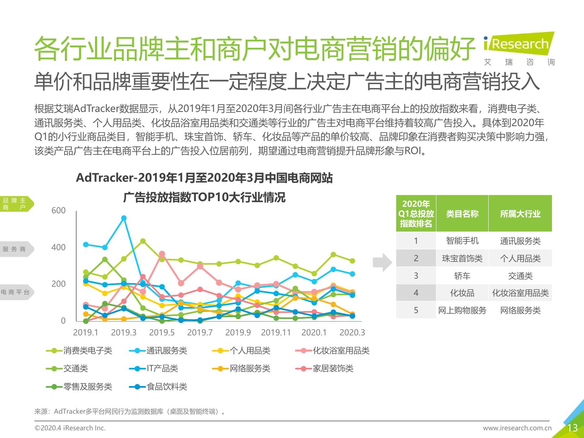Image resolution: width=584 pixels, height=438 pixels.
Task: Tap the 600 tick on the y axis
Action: click(x=58, y=210)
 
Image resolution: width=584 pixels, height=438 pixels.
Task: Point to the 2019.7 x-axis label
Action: click(x=200, y=333)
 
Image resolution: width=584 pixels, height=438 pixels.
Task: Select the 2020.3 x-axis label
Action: click(x=352, y=333)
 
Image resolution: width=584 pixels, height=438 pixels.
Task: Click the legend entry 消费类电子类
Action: click(x=87, y=351)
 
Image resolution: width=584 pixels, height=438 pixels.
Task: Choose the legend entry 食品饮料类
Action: click(x=166, y=386)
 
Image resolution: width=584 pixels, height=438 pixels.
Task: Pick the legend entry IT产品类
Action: click(x=162, y=369)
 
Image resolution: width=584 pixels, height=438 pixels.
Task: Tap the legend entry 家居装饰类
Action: click(x=333, y=369)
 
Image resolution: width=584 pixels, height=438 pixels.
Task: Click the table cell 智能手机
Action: click(x=462, y=240)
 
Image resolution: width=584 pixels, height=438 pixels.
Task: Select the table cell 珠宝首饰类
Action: click(x=462, y=258)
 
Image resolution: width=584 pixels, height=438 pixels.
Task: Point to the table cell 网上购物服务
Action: click(x=462, y=310)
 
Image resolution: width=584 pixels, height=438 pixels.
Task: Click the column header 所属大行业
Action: click(x=520, y=214)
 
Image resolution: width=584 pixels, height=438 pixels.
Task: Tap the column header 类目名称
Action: click(x=462, y=214)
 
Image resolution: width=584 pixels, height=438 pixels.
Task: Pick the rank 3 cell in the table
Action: click(x=416, y=276)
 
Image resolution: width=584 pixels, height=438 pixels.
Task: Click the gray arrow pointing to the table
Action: click(x=382, y=262)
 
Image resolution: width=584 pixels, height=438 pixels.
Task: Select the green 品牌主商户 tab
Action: click(x=15, y=204)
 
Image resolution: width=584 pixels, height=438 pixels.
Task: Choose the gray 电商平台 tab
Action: click(x=15, y=292)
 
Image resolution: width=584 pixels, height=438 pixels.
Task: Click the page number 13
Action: click(x=572, y=428)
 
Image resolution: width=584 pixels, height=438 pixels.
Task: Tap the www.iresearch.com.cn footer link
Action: click(x=517, y=428)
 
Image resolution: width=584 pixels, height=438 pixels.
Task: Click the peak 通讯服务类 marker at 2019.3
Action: click(x=124, y=218)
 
